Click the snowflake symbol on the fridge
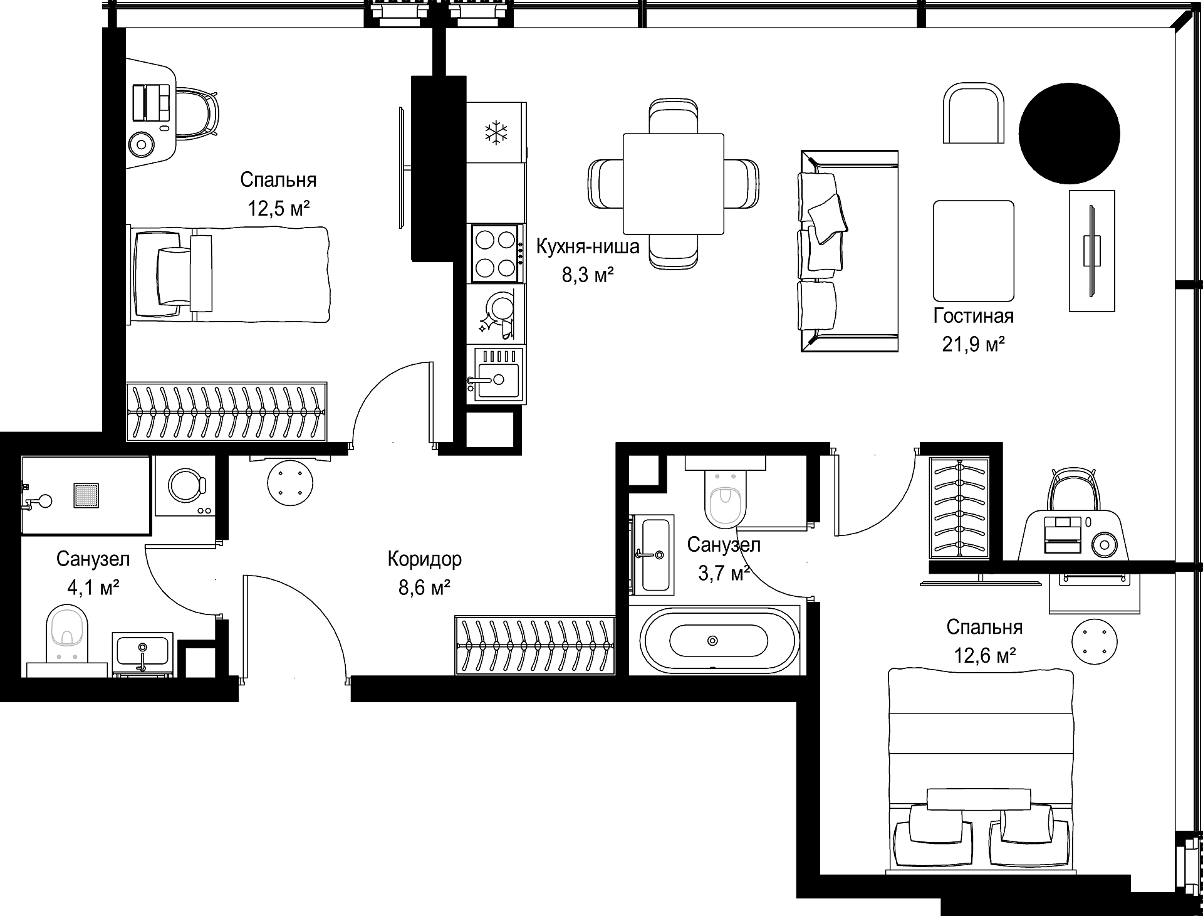click(497, 133)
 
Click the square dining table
click(674, 184)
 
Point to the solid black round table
click(1069, 133)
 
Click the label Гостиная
click(973, 316)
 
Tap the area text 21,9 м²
click(974, 344)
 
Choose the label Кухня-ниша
click(588, 247)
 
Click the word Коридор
click(425, 559)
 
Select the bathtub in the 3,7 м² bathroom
click(718, 640)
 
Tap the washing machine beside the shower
click(185, 486)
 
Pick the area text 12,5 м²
click(279, 208)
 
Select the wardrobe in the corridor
click(535, 645)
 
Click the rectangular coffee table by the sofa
click(974, 251)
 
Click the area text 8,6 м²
click(425, 587)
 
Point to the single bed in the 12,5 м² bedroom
click(229, 275)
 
